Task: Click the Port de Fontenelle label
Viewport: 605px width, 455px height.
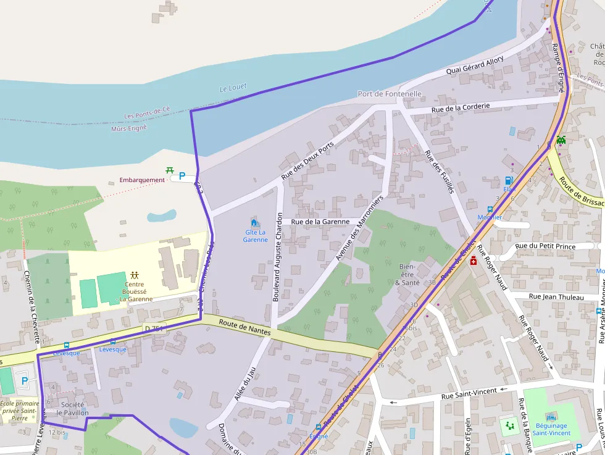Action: tap(390, 94)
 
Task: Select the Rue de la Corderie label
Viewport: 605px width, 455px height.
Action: tap(461, 107)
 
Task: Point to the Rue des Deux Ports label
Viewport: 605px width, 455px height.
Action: tap(307, 161)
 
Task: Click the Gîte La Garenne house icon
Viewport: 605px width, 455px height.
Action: tap(254, 222)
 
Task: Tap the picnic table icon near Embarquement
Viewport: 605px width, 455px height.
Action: tap(170, 170)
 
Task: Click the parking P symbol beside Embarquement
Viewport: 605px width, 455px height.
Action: tap(182, 176)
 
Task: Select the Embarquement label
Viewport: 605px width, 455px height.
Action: tap(142, 180)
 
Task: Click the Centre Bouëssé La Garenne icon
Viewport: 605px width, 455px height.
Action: tap(134, 274)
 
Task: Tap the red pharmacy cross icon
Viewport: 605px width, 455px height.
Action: tap(474, 261)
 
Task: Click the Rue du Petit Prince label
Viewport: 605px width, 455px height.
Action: tap(545, 246)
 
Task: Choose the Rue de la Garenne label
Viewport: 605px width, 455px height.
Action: tap(320, 221)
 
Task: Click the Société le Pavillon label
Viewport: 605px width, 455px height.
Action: tap(72, 408)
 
